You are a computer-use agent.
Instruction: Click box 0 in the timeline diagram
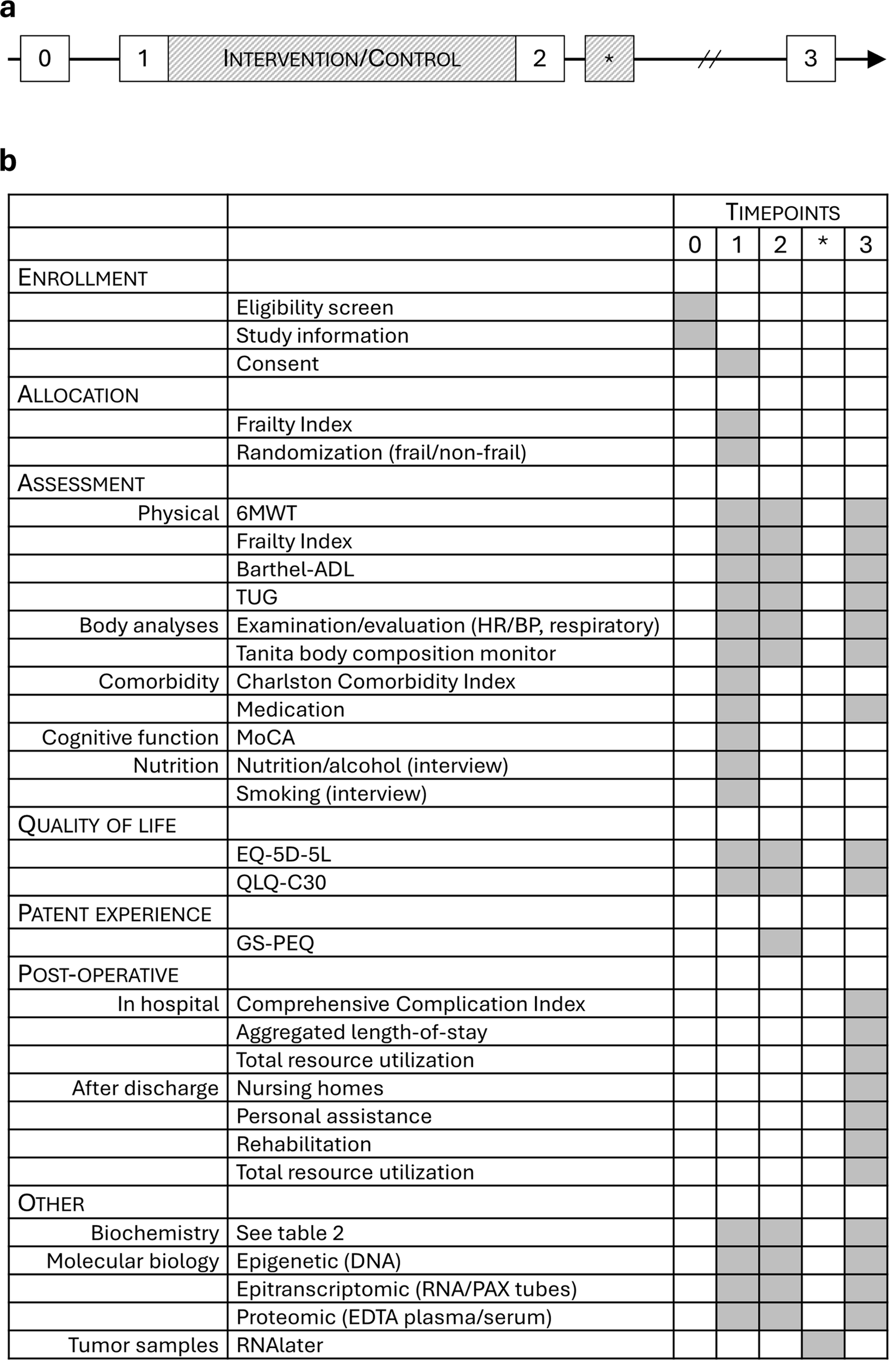click(x=45, y=59)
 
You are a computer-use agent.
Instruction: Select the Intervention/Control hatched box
click(x=342, y=59)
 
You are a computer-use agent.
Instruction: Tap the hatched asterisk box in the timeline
click(x=609, y=59)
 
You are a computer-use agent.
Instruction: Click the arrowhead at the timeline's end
click(x=876, y=59)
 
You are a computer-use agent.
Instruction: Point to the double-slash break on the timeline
click(x=709, y=59)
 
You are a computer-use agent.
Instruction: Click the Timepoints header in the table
click(x=782, y=213)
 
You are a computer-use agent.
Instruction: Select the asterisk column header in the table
click(x=823, y=245)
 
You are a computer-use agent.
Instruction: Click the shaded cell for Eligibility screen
click(x=695, y=307)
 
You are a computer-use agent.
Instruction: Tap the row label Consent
click(x=277, y=363)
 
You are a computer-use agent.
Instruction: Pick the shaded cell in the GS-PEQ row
click(x=780, y=943)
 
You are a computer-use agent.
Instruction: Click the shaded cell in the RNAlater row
click(x=823, y=1345)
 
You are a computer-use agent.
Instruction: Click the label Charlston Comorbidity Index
click(x=375, y=681)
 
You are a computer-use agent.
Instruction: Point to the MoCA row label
click(x=266, y=737)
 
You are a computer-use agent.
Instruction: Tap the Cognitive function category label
click(x=130, y=737)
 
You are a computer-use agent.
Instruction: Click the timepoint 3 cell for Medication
click(x=866, y=709)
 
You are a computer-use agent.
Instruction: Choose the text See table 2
click(x=289, y=1233)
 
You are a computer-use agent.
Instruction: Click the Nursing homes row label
click(x=310, y=1088)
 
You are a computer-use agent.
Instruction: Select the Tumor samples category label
click(x=144, y=1345)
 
